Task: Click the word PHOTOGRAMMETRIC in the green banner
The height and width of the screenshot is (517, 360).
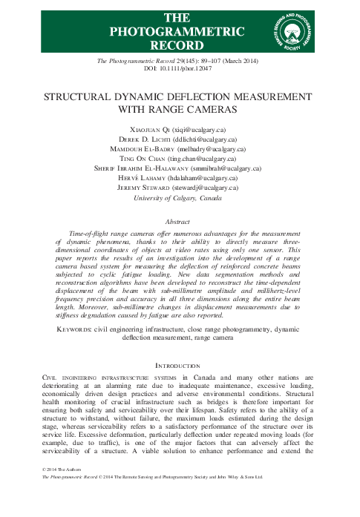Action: [x=177, y=31]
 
